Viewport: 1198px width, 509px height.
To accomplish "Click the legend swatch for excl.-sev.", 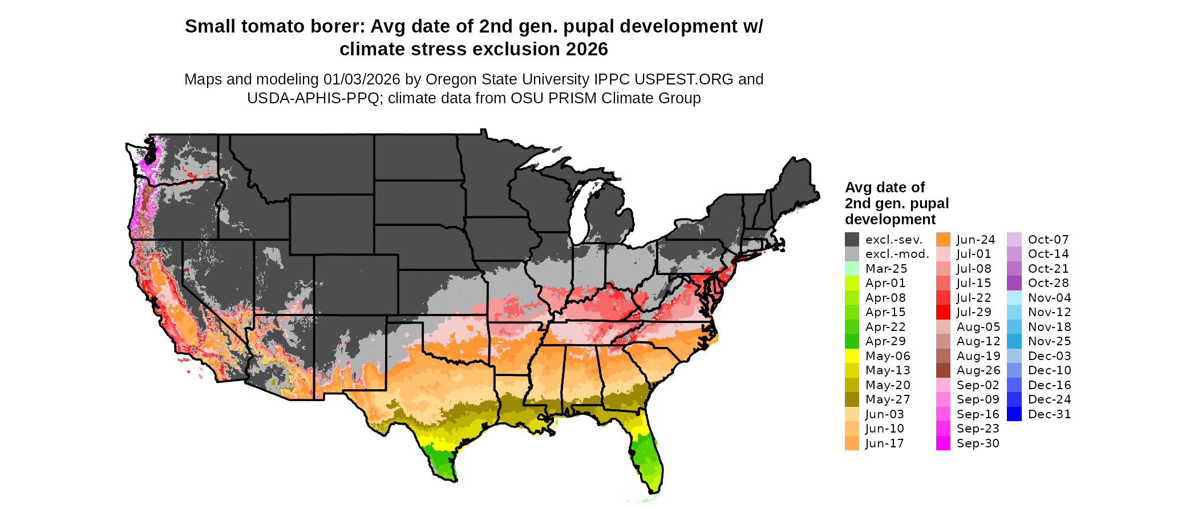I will pos(852,240).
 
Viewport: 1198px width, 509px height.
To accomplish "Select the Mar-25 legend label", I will pos(886,269).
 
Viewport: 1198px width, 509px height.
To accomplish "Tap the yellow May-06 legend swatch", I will pos(852,356).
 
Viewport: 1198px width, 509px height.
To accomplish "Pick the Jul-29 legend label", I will pos(974,312).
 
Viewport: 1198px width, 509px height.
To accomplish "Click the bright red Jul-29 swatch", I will pos(943,312).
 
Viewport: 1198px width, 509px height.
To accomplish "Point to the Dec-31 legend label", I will pos(1049,414).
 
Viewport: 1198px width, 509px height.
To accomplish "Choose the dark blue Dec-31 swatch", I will pos(1014,414).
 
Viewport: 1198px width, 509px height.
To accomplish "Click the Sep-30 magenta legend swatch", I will pos(943,443).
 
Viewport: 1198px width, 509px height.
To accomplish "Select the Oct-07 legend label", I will pos(1048,240).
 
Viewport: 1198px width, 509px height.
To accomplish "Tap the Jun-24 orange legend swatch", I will pos(943,240).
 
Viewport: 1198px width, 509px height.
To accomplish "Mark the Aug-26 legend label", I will pos(978,370).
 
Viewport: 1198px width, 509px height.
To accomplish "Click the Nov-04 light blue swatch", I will pos(1014,298).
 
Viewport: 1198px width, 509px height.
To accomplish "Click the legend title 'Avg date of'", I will pos(884,187).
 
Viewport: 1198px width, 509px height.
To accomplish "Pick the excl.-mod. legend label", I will pos(897,254).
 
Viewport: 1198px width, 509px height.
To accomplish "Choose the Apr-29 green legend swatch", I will pos(852,341).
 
